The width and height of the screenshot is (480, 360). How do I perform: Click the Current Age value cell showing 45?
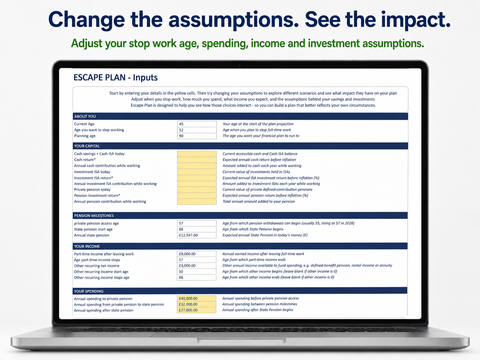point(197,124)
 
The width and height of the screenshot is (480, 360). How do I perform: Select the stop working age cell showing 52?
point(197,130)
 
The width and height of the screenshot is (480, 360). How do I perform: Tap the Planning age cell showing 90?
point(197,136)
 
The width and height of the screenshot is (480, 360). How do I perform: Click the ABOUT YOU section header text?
point(85,116)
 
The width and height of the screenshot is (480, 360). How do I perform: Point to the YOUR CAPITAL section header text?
point(87,146)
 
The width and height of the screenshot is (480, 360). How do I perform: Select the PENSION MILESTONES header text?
point(94,216)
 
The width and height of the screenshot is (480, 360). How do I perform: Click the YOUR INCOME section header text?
point(87,246)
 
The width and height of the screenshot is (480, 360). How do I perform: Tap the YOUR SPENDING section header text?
point(89,291)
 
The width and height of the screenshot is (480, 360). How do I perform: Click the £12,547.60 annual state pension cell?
point(197,235)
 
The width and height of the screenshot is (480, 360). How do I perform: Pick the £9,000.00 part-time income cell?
point(197,254)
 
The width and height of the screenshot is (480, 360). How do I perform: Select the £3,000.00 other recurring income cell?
point(197,266)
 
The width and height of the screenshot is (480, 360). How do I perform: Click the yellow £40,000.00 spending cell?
point(197,298)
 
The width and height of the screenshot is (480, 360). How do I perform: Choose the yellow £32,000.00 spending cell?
point(197,304)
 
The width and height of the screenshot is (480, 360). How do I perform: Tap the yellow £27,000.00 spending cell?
point(197,310)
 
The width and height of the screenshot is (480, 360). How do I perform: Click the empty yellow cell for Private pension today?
point(197,190)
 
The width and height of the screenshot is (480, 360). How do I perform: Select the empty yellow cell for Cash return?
point(197,160)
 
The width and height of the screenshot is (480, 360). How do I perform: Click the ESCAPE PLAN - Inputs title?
point(115,78)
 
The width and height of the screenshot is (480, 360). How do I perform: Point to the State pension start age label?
point(93,229)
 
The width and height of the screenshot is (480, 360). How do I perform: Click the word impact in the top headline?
point(415,20)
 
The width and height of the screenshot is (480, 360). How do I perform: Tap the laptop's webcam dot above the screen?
point(240,65)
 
